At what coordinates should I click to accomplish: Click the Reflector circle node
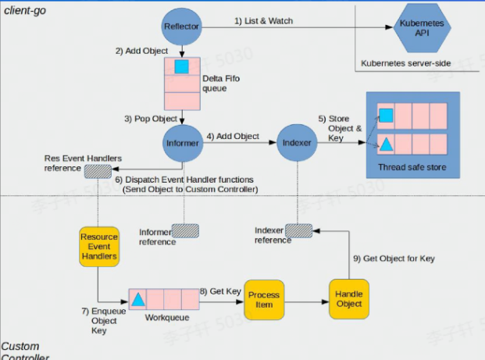(x=182, y=27)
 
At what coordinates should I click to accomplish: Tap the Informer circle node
(x=182, y=143)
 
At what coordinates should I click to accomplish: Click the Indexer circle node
(x=297, y=143)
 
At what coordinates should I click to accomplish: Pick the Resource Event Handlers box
(x=98, y=245)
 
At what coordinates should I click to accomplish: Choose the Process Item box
(x=264, y=299)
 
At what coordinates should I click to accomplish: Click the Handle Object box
(x=348, y=298)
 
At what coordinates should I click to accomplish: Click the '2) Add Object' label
(x=141, y=51)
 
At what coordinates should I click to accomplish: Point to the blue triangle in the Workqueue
(x=137, y=299)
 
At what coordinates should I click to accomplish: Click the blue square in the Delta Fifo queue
(x=182, y=67)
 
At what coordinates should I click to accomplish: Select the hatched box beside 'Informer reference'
(x=185, y=231)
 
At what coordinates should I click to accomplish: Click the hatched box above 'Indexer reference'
(x=298, y=230)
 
